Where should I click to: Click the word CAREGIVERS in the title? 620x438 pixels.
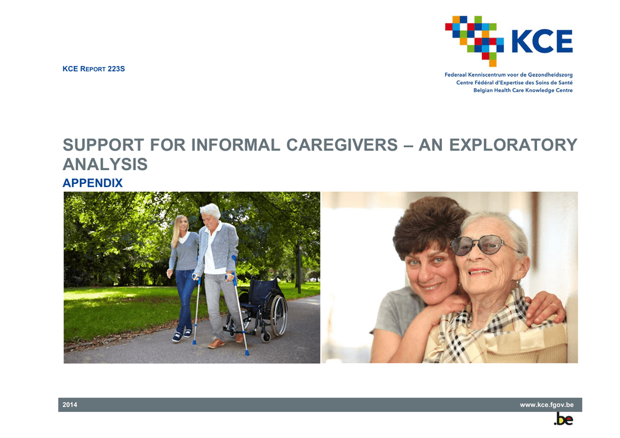[341, 145]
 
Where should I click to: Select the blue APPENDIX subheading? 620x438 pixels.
[93, 183]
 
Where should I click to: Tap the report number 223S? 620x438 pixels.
[116, 69]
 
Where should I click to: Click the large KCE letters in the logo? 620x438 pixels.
[542, 41]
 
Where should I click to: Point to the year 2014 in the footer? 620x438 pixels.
[70, 405]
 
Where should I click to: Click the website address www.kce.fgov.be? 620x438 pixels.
[547, 405]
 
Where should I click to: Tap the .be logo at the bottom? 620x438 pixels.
[564, 419]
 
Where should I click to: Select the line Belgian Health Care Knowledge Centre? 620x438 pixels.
[523, 91]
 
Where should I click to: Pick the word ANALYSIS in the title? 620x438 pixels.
[105, 165]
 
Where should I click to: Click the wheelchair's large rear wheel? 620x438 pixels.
[279, 315]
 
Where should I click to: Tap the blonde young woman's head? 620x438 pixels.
[181, 225]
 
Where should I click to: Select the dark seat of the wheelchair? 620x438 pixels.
[251, 305]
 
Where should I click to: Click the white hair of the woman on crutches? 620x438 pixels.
[211, 211]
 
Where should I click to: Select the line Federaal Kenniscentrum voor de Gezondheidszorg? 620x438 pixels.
[509, 74]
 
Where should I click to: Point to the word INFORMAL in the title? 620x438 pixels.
[236, 145]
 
